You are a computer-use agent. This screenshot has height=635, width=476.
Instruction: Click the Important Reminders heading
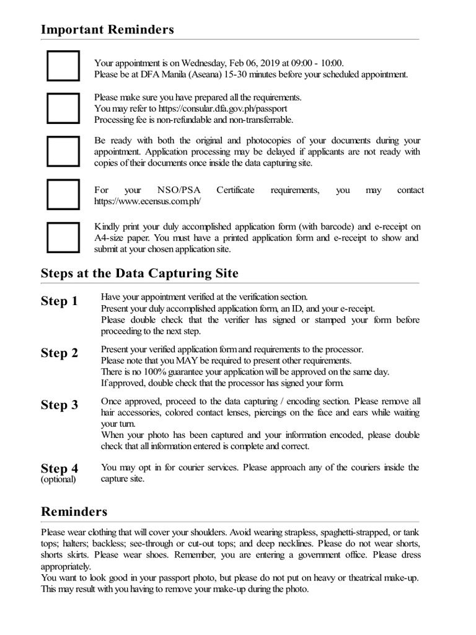(x=107, y=29)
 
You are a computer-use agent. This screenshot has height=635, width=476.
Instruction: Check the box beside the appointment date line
(x=63, y=66)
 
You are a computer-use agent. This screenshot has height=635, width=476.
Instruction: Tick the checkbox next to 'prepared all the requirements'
(x=63, y=109)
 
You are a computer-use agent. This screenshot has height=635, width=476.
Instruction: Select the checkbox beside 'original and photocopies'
(x=63, y=151)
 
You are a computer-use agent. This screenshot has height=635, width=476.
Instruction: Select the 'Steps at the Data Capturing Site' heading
(x=139, y=273)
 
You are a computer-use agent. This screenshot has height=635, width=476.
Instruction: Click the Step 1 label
(x=59, y=301)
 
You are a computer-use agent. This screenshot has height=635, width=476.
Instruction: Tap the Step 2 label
(x=59, y=353)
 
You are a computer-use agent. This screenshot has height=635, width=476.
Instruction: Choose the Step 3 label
(x=59, y=405)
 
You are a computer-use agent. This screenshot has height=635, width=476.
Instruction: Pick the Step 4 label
(x=59, y=468)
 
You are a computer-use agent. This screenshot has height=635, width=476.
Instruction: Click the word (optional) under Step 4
(x=58, y=479)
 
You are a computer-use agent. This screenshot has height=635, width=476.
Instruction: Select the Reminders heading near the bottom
(x=74, y=511)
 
